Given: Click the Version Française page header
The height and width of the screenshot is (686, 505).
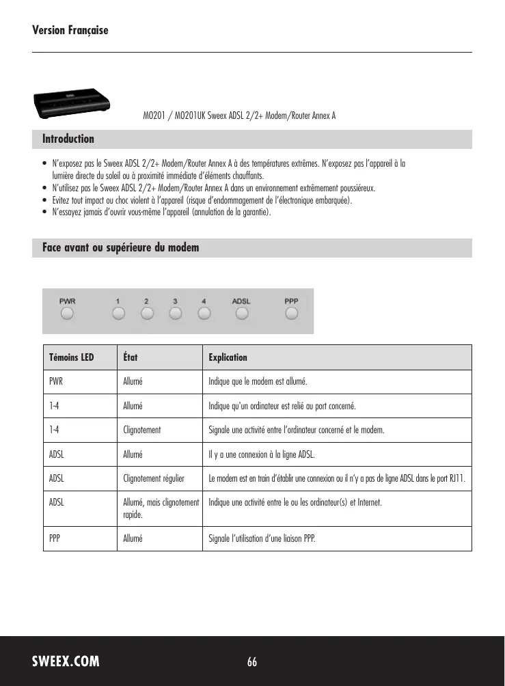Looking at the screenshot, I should (70, 31).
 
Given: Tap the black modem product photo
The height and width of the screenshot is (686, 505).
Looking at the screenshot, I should (71, 102).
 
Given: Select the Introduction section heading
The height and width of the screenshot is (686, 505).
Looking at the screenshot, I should (68, 139).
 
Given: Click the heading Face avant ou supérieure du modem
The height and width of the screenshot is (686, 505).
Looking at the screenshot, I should (121, 247).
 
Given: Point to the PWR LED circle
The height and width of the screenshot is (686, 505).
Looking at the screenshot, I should (67, 314).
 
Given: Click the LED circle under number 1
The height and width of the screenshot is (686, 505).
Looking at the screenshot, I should (118, 314).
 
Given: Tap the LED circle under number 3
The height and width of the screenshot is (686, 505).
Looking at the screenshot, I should (176, 314).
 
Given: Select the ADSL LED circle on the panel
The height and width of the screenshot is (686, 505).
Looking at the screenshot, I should (241, 314).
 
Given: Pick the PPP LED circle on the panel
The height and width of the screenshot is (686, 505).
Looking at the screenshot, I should (292, 314).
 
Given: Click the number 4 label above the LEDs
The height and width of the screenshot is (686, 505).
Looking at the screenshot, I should (204, 301).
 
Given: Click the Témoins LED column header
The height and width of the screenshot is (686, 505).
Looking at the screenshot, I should (72, 357).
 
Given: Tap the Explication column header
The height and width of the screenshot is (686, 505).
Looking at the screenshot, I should (228, 357).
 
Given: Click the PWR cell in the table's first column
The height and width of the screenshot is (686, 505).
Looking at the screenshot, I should (56, 381).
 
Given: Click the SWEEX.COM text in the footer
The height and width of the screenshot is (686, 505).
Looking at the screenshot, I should (66, 661).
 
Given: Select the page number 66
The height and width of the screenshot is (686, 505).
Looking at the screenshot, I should (252, 661).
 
